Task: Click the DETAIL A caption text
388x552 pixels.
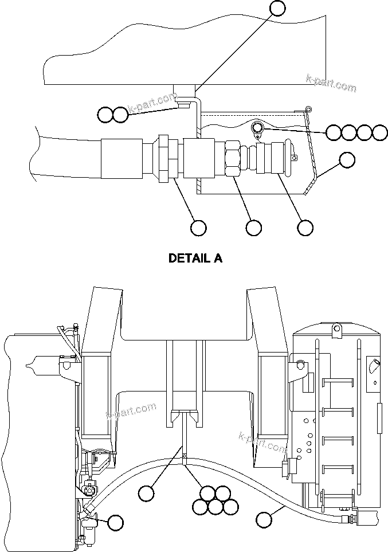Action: pos(195,258)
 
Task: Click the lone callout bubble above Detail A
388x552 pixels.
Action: pos(277,8)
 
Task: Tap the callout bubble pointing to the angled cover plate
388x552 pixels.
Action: pos(347,160)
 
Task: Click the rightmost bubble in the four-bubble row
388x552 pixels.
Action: pos(380,132)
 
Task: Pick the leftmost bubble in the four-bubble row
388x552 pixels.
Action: pos(334,132)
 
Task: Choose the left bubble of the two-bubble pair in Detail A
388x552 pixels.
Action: pos(105,115)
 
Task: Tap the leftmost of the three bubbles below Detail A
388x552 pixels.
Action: pos(198,228)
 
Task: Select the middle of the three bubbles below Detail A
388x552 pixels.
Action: pos(254,228)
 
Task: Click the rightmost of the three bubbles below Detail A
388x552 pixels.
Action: pos(305,228)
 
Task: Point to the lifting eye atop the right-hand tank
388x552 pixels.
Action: pos(336,328)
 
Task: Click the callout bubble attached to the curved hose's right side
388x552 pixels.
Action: pos(264,519)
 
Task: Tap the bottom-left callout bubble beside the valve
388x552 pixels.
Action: pos(116,522)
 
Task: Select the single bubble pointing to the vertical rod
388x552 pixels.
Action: pos(147,492)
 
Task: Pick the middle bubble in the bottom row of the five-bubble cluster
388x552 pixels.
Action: pos(215,507)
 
